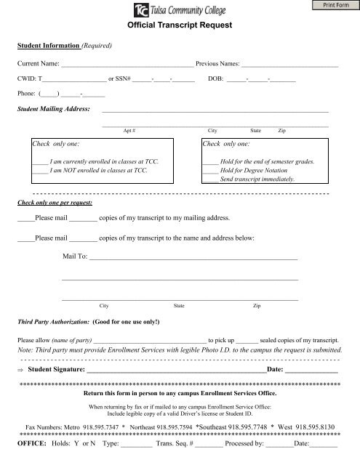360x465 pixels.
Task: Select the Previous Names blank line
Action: (x=291, y=65)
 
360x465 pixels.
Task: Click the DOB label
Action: (x=215, y=80)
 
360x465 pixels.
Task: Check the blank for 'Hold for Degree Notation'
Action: (x=210, y=169)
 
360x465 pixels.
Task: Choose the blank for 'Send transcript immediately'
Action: (x=210, y=179)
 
